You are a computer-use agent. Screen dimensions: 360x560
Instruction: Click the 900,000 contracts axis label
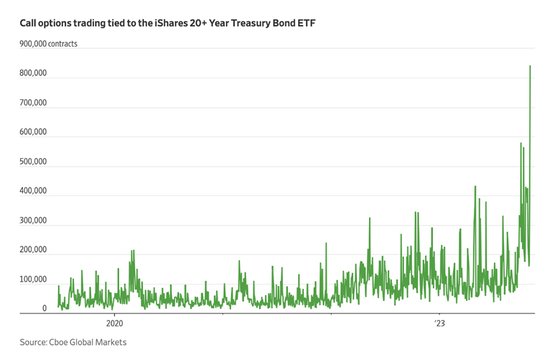tap(49, 44)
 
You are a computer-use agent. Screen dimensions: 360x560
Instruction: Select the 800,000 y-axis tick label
tap(34, 73)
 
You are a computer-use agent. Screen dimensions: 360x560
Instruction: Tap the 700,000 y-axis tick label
tap(34, 103)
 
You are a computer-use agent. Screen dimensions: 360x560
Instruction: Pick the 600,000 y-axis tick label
tap(34, 132)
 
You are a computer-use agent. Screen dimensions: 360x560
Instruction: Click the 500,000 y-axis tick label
tap(34, 162)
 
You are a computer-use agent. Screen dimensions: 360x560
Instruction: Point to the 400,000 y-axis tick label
tap(34, 191)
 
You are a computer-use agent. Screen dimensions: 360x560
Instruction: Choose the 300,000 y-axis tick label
tap(34, 221)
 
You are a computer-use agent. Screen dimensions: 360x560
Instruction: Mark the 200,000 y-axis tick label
tap(34, 250)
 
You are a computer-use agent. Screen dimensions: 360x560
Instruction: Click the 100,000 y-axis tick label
tap(34, 280)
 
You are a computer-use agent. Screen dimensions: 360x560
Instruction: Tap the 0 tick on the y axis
tap(45, 309)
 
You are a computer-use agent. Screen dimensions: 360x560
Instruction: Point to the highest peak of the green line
tap(530, 66)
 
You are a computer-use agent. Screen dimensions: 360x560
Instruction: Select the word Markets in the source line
tap(120, 343)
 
